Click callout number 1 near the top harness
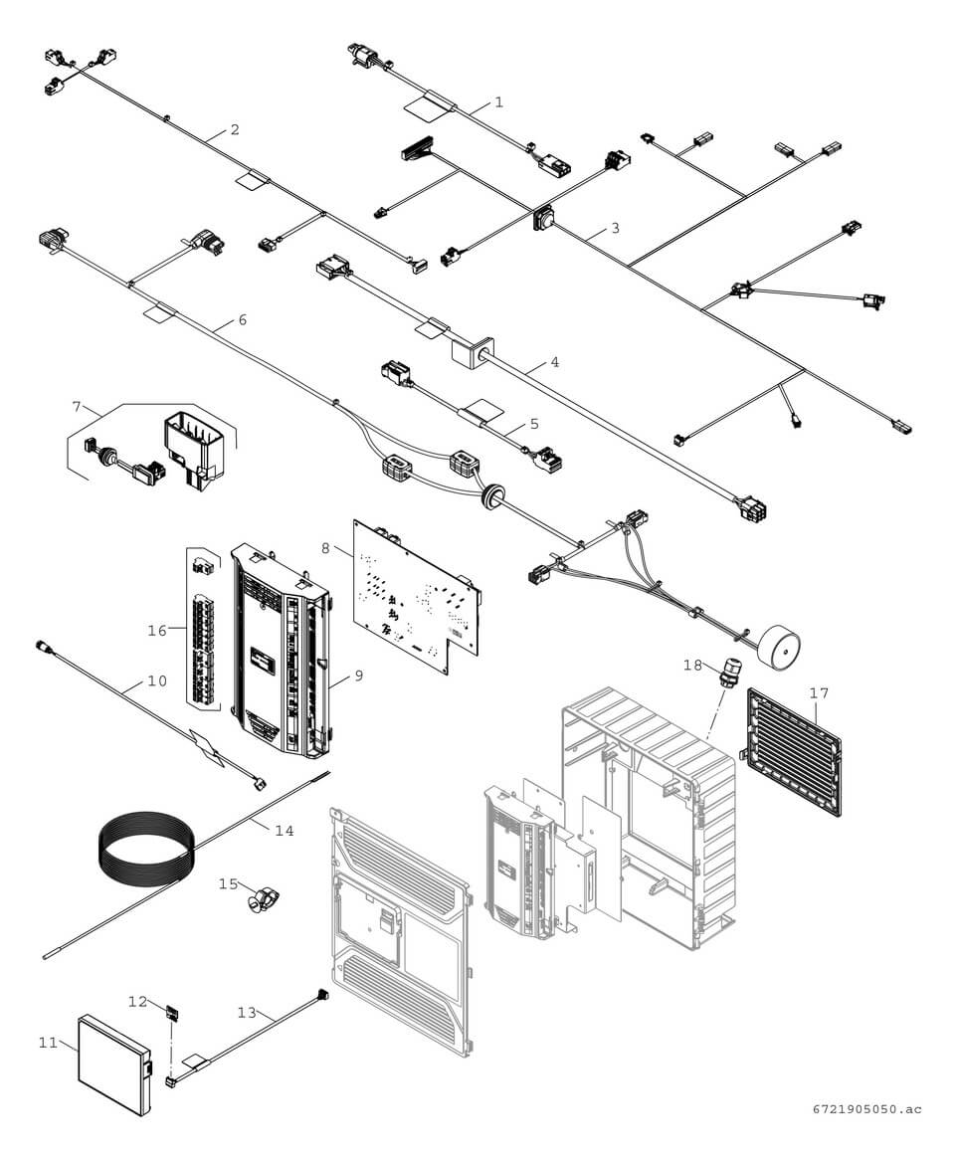point(498,102)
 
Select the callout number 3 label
point(615,228)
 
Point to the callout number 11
point(48,1043)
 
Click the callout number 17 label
point(818,692)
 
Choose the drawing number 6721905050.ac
point(864,1109)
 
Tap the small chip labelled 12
point(172,1014)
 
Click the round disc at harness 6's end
point(779,647)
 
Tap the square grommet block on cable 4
point(467,353)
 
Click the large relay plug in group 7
point(198,448)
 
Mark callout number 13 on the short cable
point(247,1012)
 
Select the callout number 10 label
point(157,681)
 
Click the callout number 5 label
point(534,423)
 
